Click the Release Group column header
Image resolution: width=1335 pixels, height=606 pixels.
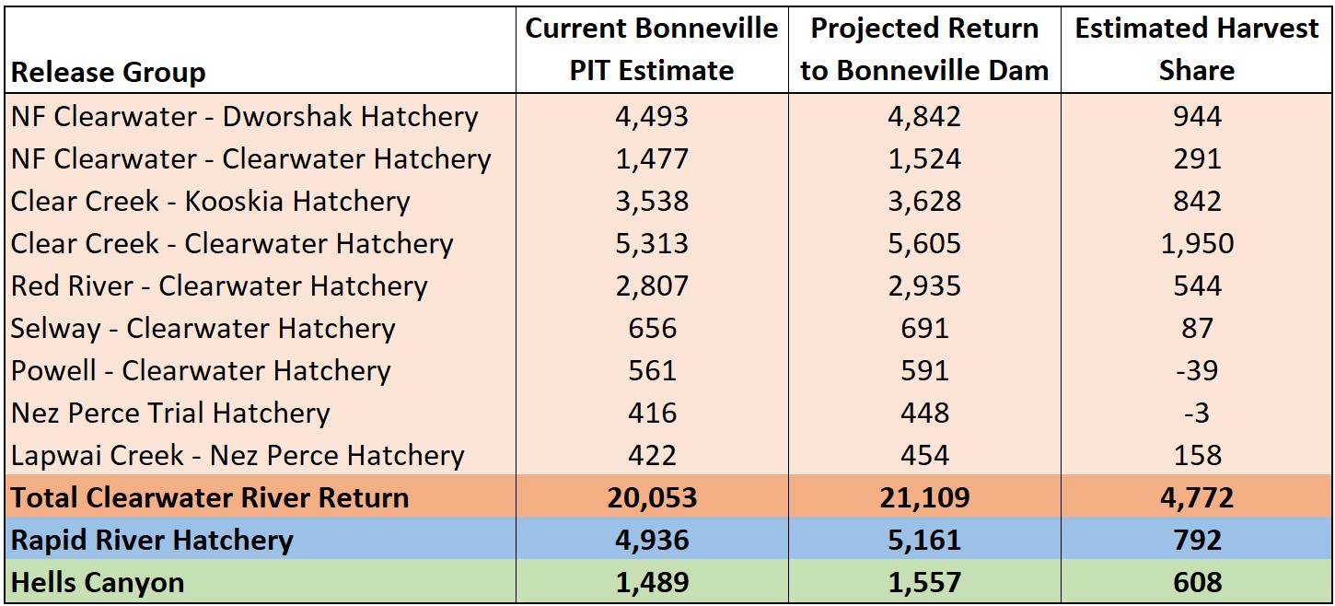[x=109, y=72]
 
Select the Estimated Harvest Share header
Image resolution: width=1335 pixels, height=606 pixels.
[x=1197, y=50]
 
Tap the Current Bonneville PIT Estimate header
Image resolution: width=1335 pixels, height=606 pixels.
[x=651, y=50]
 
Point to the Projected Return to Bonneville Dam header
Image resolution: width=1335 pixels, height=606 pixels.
[x=924, y=50]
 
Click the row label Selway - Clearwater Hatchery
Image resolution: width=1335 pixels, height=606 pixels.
[x=203, y=328]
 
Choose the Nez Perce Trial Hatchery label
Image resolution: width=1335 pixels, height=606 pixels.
[x=170, y=413]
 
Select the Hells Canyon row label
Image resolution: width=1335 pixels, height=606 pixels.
[x=98, y=582]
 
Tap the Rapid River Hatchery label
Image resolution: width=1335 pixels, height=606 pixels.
[x=152, y=540]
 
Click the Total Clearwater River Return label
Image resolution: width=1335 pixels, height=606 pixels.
[x=210, y=497]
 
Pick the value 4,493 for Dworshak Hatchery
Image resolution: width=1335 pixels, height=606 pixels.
[x=652, y=116]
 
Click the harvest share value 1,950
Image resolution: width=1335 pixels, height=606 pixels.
[x=1197, y=243]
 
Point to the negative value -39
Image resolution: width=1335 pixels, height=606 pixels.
[x=1197, y=370]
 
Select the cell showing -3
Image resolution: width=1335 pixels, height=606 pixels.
[x=1197, y=413]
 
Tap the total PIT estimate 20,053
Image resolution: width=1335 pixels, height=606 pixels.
[x=652, y=497]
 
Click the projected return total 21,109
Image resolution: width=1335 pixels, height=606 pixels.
[x=924, y=497]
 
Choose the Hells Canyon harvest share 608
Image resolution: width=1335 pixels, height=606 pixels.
[x=1197, y=582]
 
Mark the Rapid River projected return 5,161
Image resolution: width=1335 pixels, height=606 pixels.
[x=924, y=540]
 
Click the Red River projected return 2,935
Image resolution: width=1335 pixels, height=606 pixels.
[x=924, y=286]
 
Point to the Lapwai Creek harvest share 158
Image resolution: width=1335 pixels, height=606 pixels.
[x=1197, y=455]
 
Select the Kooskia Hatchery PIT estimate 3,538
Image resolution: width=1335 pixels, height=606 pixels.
[x=652, y=201]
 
